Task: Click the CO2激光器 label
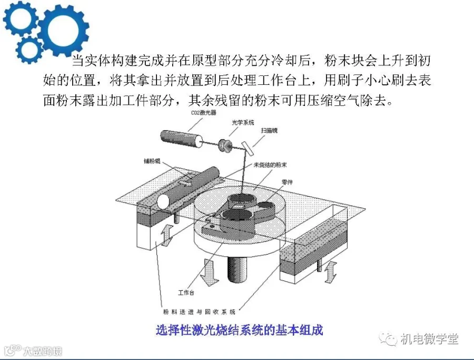202,113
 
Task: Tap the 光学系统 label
243,122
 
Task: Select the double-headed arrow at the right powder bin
330,271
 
